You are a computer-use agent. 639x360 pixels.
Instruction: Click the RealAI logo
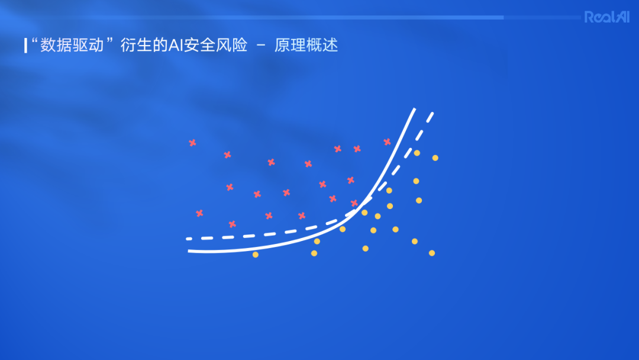click(606, 17)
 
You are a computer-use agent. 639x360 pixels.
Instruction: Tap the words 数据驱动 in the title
click(73, 46)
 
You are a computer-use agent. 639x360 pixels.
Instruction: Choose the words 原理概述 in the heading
click(306, 46)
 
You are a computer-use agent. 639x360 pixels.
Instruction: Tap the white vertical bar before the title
click(25, 46)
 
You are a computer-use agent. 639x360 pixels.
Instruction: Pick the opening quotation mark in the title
click(34, 41)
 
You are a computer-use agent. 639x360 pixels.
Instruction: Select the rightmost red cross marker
click(387, 142)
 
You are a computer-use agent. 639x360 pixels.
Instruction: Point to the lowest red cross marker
click(232, 224)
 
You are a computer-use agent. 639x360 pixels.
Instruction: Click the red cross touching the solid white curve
click(354, 203)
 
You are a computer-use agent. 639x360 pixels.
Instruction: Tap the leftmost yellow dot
click(256, 255)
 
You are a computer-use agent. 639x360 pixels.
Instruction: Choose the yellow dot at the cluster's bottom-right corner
click(432, 253)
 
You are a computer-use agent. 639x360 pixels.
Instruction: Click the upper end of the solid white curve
click(414, 110)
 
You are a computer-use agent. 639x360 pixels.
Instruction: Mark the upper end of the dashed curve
click(432, 114)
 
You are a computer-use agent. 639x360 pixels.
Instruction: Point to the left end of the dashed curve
click(188, 239)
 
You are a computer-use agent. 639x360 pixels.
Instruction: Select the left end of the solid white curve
click(189, 251)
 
